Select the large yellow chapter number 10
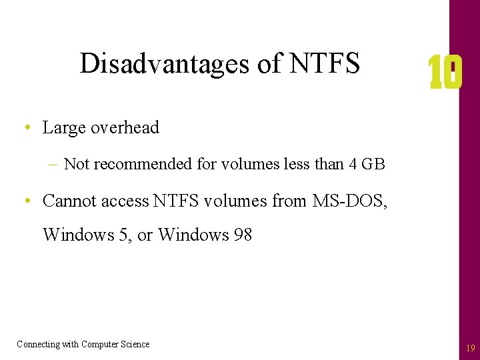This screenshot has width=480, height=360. pos(445,73)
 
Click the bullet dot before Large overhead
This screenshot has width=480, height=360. pos(26,128)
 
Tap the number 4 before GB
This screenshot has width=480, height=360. pos(353,164)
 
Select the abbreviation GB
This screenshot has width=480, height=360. pos(373,164)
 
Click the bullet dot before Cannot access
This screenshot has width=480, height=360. pos(26,200)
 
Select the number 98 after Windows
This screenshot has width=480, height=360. pos(243,235)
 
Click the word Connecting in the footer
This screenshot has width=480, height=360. pos(39,344)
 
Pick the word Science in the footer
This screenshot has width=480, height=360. pos(135,344)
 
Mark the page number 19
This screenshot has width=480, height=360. pos(471,348)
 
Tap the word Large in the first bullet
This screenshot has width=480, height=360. pos(61,128)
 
